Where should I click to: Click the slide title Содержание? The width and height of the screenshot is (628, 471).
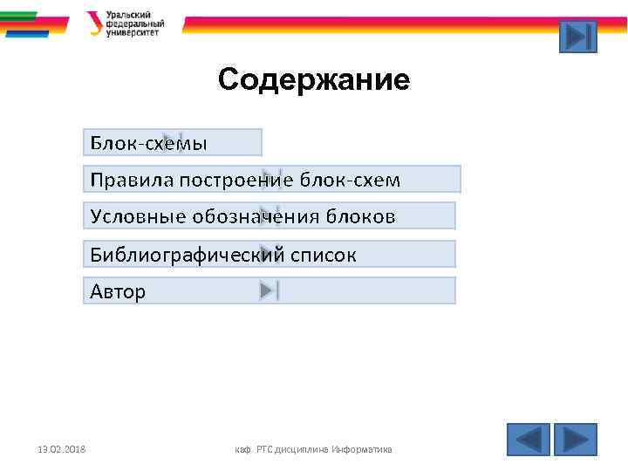pos(313,80)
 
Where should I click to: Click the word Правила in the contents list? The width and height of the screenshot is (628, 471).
pos(131,180)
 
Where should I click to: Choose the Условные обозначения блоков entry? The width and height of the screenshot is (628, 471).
pos(242,216)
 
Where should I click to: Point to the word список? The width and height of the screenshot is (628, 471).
pos(324,255)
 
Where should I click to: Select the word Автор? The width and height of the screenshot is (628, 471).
pos(118,291)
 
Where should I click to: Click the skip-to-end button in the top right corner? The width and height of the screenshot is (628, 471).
pos(577,37)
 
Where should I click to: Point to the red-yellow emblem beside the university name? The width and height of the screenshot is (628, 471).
pos(94,24)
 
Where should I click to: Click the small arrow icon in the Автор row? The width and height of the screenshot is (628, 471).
pos(269,291)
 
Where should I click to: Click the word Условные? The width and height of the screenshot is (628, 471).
pos(133,216)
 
